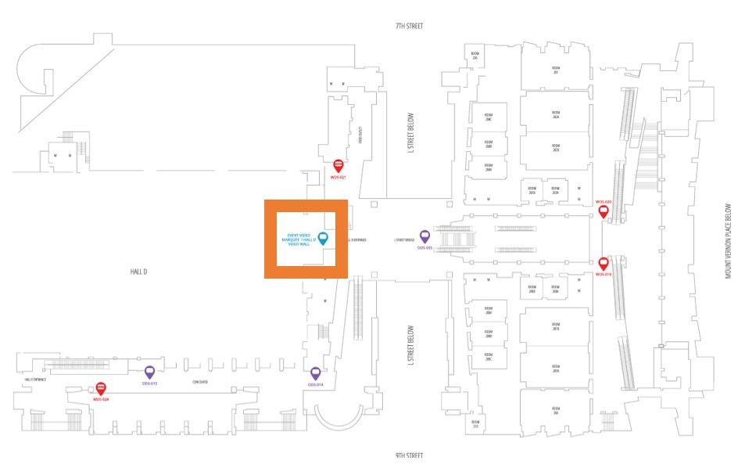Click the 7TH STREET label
click(409, 26)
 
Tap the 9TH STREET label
click(409, 455)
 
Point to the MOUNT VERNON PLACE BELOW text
click(728, 242)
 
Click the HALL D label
click(139, 271)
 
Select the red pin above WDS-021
click(338, 165)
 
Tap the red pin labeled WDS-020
click(603, 210)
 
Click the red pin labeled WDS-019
click(604, 263)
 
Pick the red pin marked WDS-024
click(100, 387)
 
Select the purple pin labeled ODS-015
click(149, 372)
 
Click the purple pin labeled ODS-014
click(316, 373)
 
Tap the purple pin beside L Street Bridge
click(425, 236)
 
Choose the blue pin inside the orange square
click(322, 238)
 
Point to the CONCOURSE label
click(200, 382)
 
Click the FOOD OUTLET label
click(361, 135)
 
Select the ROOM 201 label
click(555, 70)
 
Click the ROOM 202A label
click(555, 110)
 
